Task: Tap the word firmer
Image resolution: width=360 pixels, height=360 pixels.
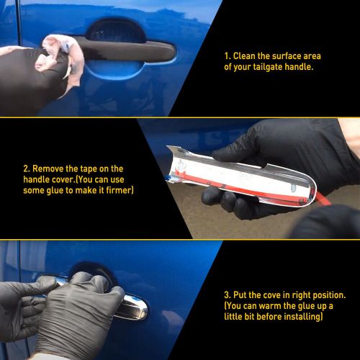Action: pos(120,192)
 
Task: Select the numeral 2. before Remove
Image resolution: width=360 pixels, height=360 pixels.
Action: pos(25,168)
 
